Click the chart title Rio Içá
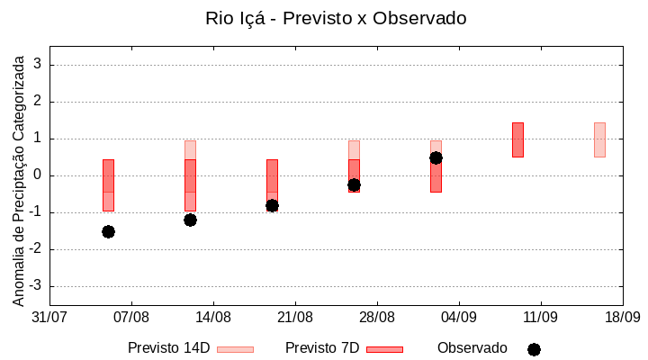(336, 18)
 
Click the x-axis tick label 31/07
(49, 318)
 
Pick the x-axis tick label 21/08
(295, 318)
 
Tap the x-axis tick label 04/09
(459, 318)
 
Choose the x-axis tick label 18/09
(622, 318)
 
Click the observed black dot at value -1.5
(108, 231)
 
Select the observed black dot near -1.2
(190, 220)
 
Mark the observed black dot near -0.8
(272, 205)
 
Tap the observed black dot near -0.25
(354, 184)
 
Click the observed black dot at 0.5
(436, 157)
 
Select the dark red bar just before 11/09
(517, 139)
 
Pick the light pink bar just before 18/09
(599, 139)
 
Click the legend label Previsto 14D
(168, 348)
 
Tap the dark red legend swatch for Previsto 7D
(384, 349)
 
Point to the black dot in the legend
(534, 349)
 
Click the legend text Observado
(472, 348)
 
